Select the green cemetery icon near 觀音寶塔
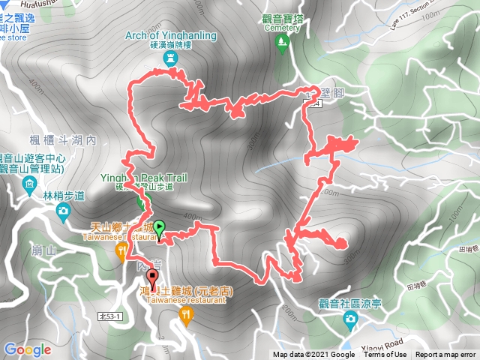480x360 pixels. [282, 43]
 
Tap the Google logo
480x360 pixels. [27, 349]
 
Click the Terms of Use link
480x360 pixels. [385, 355]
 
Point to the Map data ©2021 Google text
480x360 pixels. [313, 355]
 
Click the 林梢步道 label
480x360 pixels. [62, 196]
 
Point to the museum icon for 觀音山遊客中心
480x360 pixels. [29, 184]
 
